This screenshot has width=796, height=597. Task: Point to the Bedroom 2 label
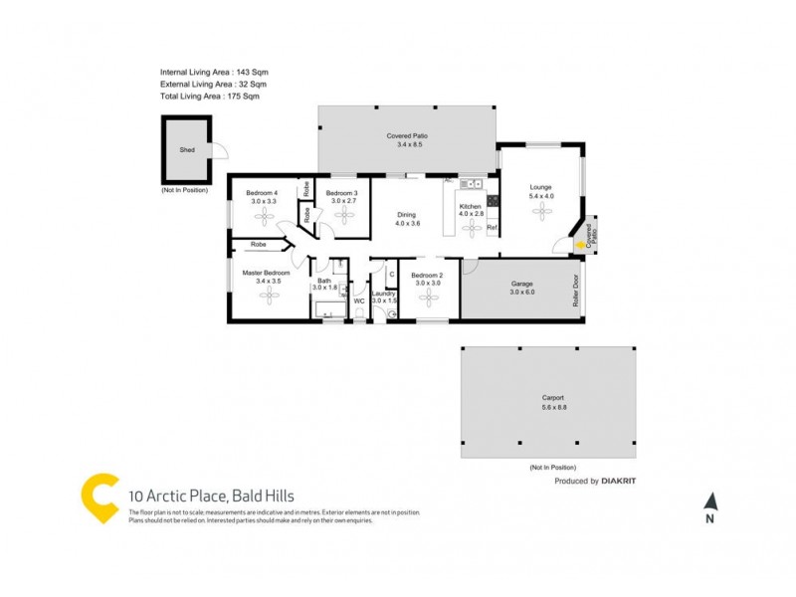(x=427, y=278)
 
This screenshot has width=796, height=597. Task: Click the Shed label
(x=187, y=150)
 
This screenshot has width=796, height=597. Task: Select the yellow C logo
(x=100, y=498)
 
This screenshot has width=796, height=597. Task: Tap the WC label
(x=359, y=301)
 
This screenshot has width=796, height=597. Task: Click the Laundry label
(x=384, y=295)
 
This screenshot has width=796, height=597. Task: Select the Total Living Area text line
(x=210, y=97)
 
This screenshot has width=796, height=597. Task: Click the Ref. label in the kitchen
(x=492, y=228)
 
